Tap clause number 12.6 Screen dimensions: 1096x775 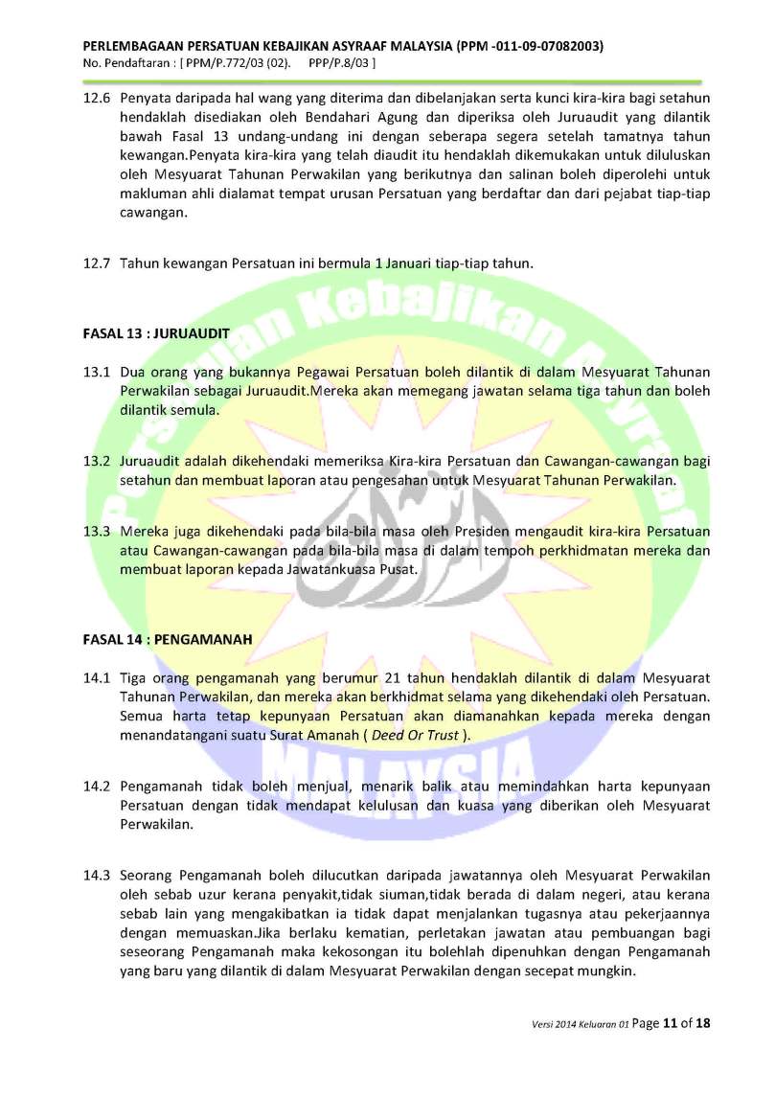point(96,99)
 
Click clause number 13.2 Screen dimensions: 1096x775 point(96,461)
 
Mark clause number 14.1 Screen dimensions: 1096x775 point(96,678)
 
